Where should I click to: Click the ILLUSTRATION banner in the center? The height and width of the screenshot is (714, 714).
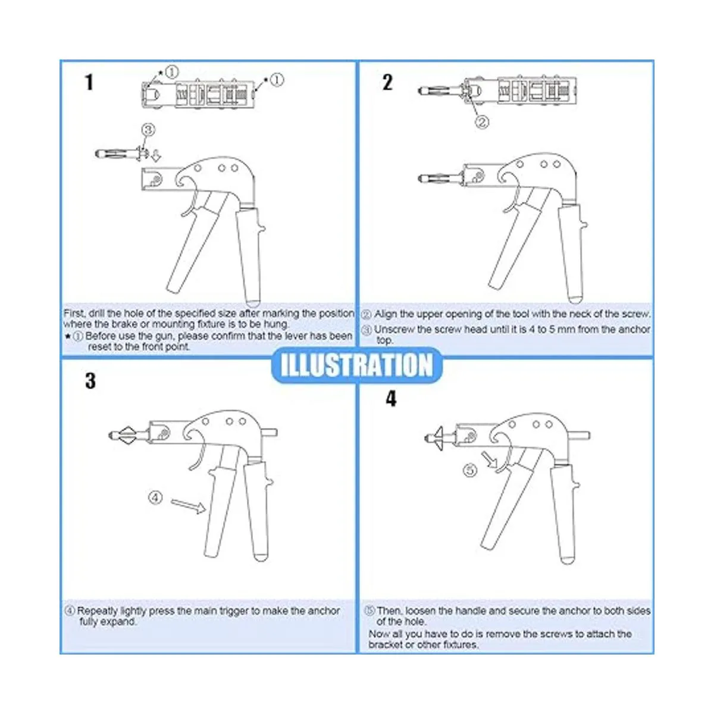coord(357,365)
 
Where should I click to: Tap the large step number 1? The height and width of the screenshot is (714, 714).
coord(89,82)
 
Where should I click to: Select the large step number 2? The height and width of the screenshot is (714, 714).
coord(387,82)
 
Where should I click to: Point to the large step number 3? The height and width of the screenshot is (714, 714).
coord(90,381)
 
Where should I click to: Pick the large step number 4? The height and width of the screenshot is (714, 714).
coord(392,399)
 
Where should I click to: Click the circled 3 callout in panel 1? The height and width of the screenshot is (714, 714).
coord(148,130)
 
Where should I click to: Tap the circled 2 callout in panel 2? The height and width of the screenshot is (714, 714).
coord(482,121)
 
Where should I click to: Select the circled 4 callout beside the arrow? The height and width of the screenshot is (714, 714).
coord(156,497)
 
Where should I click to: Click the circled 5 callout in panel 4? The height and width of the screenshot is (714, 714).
coord(470,471)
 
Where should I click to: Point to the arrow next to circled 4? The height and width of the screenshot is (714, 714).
coord(188,506)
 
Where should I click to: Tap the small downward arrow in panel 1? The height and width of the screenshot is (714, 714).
coord(156,156)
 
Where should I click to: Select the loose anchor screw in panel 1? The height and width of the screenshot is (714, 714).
coord(123,154)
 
